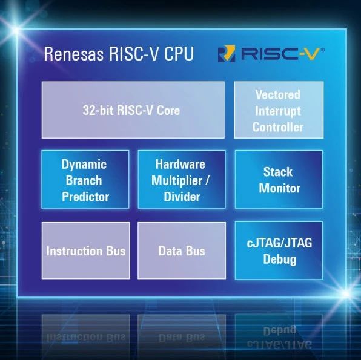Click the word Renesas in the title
pos(74,54)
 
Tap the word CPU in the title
pos(179,54)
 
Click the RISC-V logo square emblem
pos(227,54)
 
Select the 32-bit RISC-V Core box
pos(133,110)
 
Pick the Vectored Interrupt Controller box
pos(279,110)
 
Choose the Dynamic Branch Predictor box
pos(85,180)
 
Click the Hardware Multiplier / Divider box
pos(182,180)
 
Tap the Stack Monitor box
pos(279,180)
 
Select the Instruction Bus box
pos(85,250)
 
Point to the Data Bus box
pos(182,250)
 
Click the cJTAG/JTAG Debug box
pos(279,250)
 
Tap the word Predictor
pos(85,197)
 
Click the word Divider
pos(182,197)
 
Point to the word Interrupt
pos(278,111)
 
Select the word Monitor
pos(279,188)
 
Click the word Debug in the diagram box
pos(279,260)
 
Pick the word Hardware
pos(180,164)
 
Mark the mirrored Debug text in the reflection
pos(279,330)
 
